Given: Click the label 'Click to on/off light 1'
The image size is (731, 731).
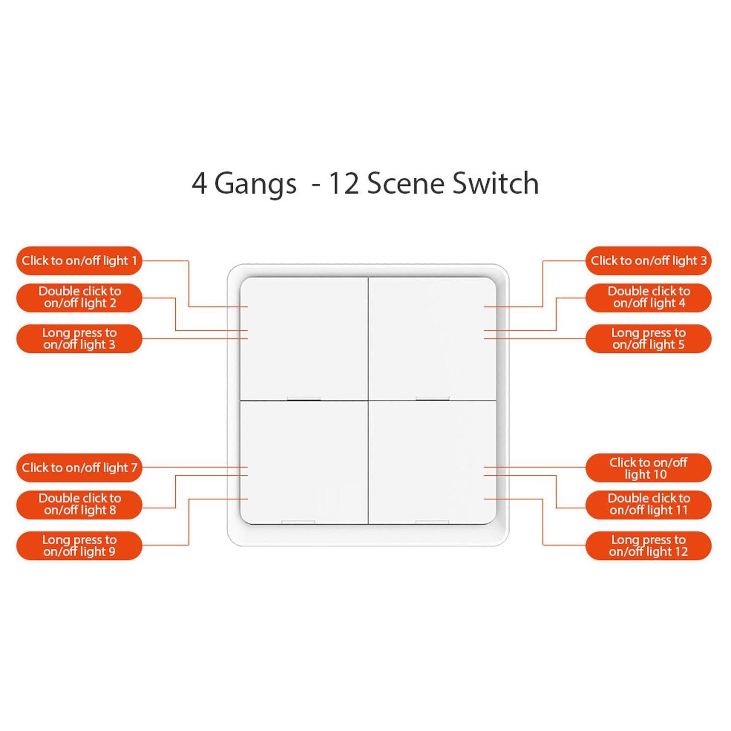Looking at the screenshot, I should (x=79, y=261).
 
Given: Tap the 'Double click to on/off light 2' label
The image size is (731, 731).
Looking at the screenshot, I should (x=79, y=297).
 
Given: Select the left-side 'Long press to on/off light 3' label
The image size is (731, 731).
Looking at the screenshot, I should (x=79, y=339).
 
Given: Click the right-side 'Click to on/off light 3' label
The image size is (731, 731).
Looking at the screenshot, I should (x=648, y=261).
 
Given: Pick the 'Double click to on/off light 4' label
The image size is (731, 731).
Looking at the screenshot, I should (x=648, y=297).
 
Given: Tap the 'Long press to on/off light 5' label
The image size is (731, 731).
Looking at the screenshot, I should (x=648, y=339).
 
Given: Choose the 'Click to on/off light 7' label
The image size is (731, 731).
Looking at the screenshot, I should (x=79, y=468).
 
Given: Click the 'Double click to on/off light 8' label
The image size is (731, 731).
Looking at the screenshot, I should (x=79, y=504).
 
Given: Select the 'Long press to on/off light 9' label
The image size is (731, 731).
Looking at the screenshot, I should (x=79, y=546).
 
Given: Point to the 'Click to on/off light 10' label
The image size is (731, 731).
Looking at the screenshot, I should (x=648, y=468).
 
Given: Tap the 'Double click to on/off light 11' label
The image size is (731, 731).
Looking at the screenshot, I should (x=648, y=504).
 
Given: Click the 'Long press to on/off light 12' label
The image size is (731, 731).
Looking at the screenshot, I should (x=648, y=546).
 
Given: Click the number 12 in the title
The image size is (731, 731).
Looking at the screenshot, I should (x=341, y=184).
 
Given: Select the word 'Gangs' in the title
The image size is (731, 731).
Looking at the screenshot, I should (x=255, y=184).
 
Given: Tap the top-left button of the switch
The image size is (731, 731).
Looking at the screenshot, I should (x=304, y=339).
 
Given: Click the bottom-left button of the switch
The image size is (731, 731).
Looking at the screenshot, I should (x=304, y=462).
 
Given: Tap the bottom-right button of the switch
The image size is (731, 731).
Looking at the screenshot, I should (x=432, y=462).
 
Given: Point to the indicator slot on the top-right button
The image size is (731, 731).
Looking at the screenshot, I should (x=432, y=399).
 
